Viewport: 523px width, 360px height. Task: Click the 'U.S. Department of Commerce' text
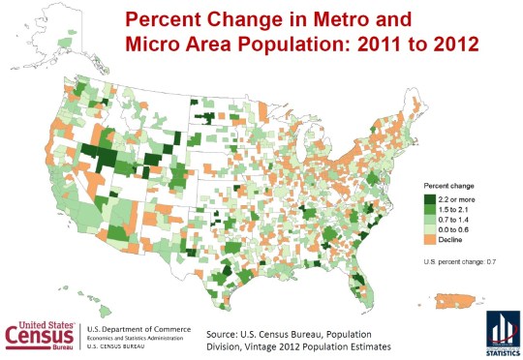(x=139, y=329)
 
